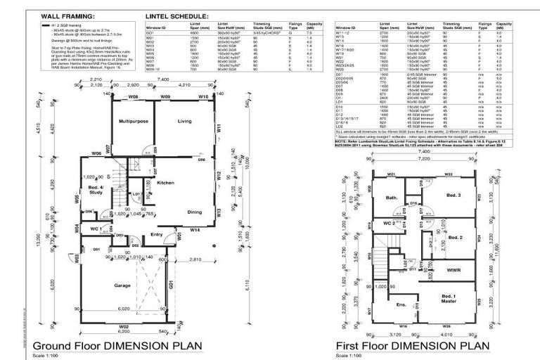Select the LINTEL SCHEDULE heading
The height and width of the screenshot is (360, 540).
(x=176, y=14)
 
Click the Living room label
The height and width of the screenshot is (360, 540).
(x=184, y=122)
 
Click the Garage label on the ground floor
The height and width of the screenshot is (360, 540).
(x=125, y=286)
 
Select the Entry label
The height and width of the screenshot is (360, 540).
(x=157, y=234)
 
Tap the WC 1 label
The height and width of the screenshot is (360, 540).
(x=97, y=229)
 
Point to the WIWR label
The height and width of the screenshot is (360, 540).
(x=454, y=269)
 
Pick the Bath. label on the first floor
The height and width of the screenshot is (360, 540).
(x=393, y=198)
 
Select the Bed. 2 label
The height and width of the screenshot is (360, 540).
(x=455, y=238)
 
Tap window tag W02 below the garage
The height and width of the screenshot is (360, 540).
(x=123, y=327)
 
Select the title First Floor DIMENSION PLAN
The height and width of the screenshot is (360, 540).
(x=409, y=345)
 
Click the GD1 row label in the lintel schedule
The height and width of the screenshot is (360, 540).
(x=150, y=32)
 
